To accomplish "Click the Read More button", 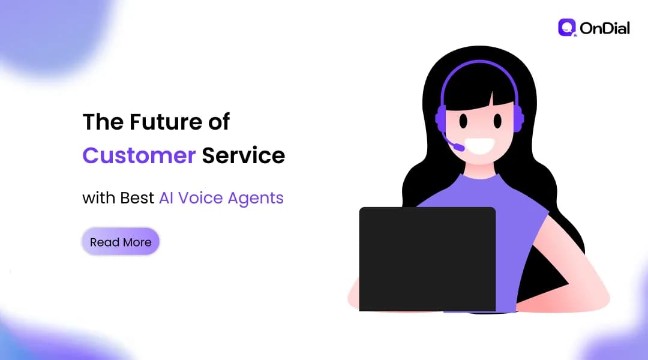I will [x=121, y=242].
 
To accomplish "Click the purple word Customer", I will [x=139, y=155].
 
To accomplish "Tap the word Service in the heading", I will [x=243, y=155].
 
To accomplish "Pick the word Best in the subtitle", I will [x=137, y=198].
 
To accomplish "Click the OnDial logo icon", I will [x=566, y=28].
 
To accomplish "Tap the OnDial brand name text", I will [x=604, y=28].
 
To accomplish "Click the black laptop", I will [x=427, y=259].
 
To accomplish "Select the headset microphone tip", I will [x=458, y=146].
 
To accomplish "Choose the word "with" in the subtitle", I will [x=98, y=198].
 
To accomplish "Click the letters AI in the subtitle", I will [x=166, y=198].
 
